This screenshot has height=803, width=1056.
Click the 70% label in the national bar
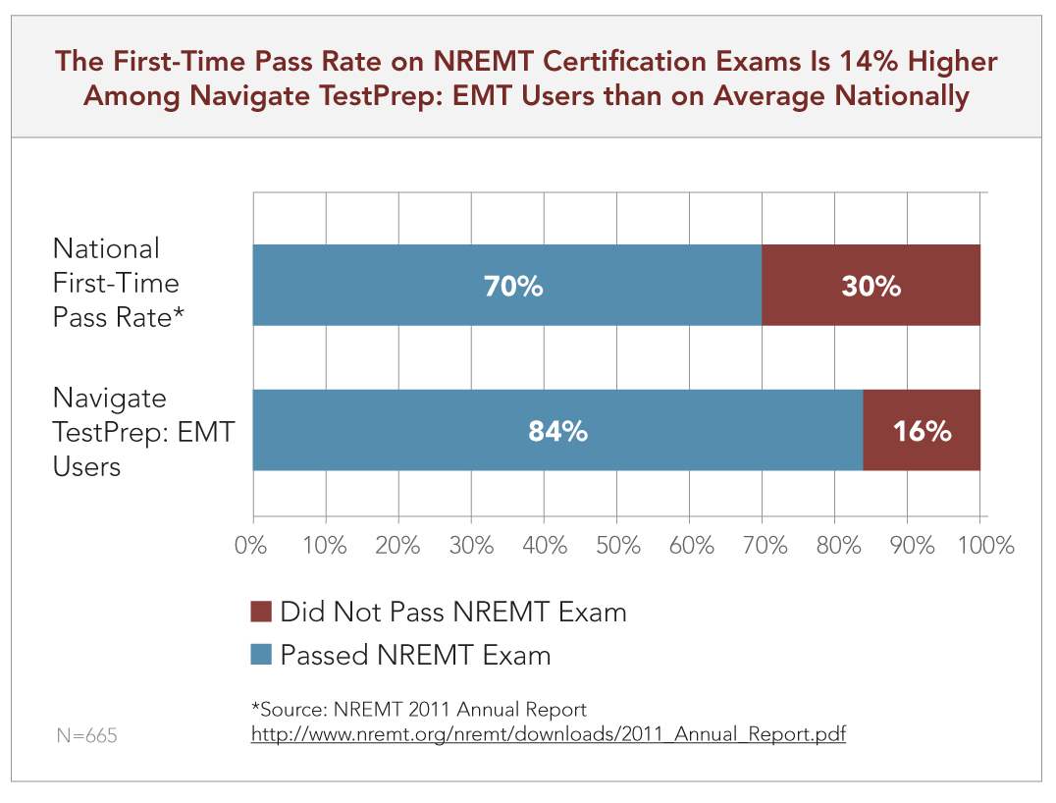512,286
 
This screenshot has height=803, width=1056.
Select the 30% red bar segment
871,286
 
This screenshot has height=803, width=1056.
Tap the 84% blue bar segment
557,431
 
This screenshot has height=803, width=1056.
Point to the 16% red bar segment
922,431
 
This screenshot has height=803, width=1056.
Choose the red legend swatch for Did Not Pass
261,613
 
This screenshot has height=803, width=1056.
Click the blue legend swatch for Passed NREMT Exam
261,655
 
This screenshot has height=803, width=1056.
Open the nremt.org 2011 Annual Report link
548,733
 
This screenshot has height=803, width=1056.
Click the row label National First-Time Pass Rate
116,284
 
